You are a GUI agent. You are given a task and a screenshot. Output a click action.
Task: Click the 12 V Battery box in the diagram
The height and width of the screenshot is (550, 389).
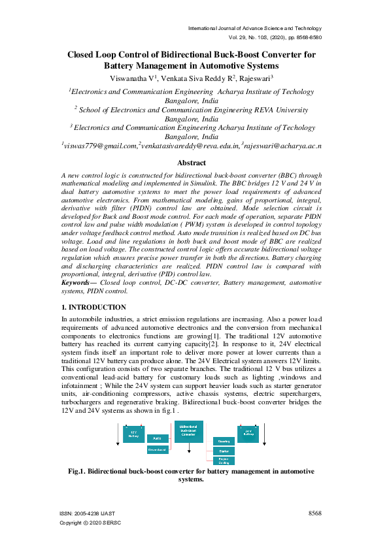(133, 433)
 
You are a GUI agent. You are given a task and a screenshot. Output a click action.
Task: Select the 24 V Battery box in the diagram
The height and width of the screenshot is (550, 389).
(248, 434)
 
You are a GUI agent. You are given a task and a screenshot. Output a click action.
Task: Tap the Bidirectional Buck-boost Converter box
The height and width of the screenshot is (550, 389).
(188, 432)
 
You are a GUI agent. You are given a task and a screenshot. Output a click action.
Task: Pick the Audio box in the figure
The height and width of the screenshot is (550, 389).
(157, 438)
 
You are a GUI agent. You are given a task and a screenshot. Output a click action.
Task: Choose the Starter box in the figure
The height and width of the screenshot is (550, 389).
(224, 451)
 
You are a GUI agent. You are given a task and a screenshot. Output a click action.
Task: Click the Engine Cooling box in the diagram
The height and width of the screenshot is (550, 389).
(224, 460)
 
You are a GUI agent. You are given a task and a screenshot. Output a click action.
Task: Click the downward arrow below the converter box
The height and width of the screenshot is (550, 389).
(188, 453)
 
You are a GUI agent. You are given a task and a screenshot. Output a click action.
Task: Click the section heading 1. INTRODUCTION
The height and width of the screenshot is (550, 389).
(93, 307)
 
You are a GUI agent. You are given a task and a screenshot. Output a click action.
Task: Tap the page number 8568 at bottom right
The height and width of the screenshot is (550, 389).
(314, 513)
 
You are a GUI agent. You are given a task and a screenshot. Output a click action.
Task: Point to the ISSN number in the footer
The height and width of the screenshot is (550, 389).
(88, 514)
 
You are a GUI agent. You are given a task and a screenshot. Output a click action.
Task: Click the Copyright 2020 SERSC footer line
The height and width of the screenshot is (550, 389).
(90, 523)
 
